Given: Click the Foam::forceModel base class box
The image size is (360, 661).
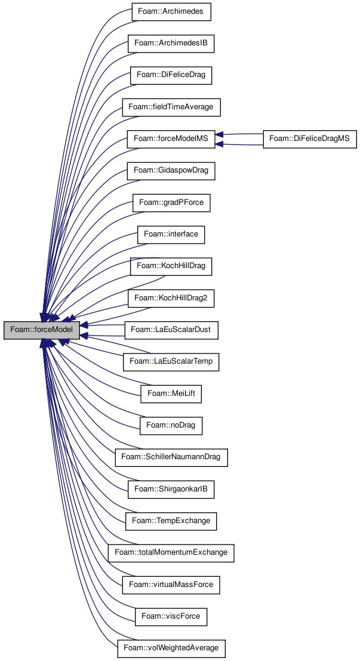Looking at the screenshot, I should click(42, 330).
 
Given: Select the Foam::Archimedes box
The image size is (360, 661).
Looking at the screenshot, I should click(171, 12).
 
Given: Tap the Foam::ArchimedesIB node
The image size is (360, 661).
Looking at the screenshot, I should click(171, 44).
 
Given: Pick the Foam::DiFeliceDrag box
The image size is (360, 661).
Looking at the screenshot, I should click(171, 75).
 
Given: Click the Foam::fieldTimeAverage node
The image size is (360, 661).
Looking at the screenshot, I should click(171, 107).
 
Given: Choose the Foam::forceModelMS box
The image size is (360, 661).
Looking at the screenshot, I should click(171, 139).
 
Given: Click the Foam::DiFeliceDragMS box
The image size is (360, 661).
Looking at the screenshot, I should click(310, 139).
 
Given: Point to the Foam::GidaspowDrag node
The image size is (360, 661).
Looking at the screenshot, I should click(171, 171).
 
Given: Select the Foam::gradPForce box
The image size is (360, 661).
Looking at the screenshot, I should click(171, 202).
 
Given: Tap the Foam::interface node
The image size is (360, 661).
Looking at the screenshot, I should click(171, 234).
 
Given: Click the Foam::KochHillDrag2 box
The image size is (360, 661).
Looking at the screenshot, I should click(171, 297).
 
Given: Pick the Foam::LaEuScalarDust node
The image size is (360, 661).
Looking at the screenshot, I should click(171, 330).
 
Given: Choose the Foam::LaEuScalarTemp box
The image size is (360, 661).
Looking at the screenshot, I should click(171, 361).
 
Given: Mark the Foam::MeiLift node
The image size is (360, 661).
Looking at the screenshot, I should click(171, 393).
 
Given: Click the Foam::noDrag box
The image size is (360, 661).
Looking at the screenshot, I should click(171, 425).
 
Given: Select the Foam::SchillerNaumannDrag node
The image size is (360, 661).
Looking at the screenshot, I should click(171, 457).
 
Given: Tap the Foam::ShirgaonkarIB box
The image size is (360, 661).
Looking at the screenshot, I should click(171, 489).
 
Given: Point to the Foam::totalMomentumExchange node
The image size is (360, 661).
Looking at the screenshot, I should click(171, 552).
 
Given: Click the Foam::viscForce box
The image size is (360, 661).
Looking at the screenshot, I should click(171, 616).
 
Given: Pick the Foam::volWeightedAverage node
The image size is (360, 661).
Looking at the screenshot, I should click(171, 647).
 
